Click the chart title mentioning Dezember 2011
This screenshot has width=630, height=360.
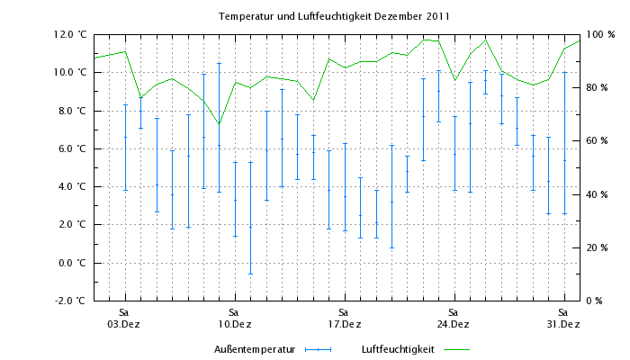pos(334,16)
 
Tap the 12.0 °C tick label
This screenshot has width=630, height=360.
pos(72,34)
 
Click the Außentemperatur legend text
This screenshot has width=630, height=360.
pos(255,349)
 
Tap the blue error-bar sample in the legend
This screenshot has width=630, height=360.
pos(318,349)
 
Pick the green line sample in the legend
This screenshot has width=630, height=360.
pos(457,349)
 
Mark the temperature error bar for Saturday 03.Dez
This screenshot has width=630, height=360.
pos(125,148)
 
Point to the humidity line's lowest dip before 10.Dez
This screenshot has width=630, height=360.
pos(219,124)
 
